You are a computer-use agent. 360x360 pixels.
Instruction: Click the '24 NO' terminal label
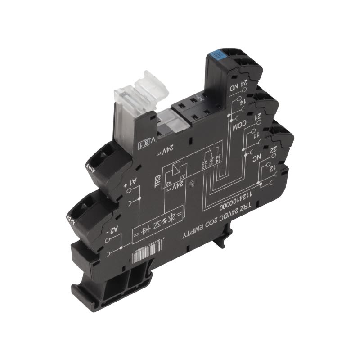pyautogui.click(x=240, y=85)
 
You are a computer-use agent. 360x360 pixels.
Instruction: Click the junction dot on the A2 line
pyautogui.click(x=122, y=247)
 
